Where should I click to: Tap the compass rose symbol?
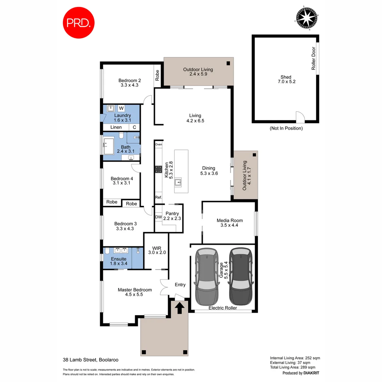306,18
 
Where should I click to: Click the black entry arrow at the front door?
179,308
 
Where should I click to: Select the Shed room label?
286,77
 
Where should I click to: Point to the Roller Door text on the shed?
313,59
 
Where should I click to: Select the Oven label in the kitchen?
158,144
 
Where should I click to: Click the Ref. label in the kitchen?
158,197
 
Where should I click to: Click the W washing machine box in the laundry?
121,108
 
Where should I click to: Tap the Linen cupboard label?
116,127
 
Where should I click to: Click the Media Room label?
230,220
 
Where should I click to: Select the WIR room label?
157,248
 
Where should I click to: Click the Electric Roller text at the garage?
222,308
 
